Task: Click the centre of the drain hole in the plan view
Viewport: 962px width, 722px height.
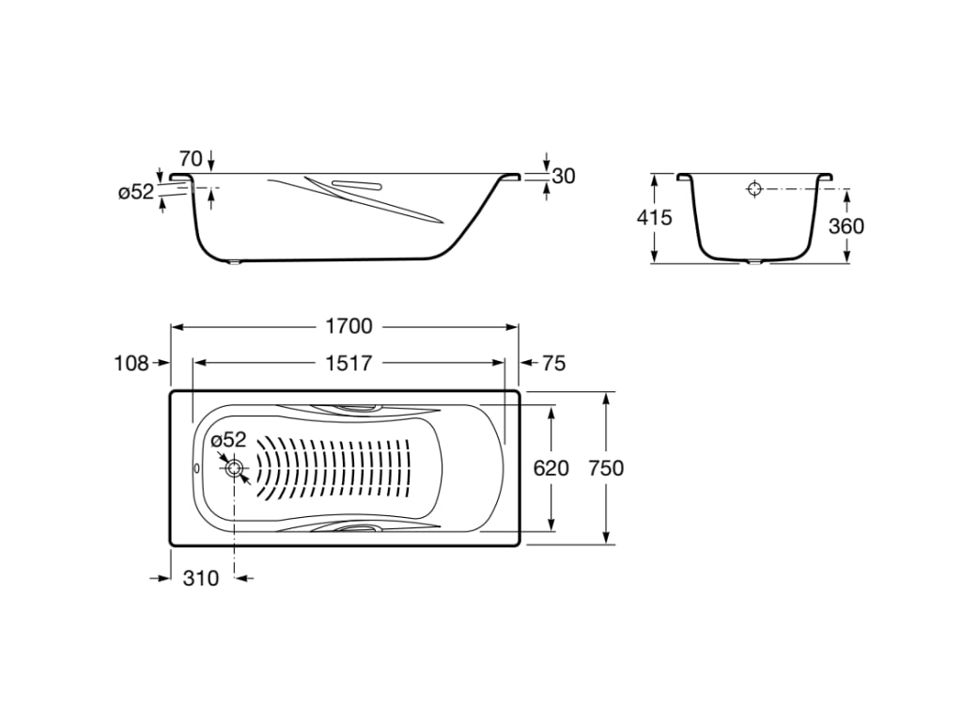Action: coord(234,468)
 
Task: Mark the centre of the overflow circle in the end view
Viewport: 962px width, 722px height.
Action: coord(754,188)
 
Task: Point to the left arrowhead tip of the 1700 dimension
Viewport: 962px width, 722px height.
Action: coord(171,327)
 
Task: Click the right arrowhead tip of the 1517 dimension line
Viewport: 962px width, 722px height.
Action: coord(504,363)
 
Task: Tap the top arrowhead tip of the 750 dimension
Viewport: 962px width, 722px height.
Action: coord(606,392)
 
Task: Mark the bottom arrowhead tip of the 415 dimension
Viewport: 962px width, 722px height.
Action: coord(655,263)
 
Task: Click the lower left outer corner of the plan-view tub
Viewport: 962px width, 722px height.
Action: coord(170,544)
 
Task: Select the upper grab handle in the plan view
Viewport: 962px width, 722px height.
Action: coord(355,408)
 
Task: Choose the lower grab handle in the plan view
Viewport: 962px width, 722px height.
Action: coord(355,527)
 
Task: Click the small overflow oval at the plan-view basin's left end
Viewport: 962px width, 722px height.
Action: coord(196,468)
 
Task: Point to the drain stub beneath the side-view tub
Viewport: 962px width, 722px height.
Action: coord(233,264)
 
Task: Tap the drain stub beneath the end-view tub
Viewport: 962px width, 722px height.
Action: coord(754,263)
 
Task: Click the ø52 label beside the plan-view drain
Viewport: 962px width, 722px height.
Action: coord(228,440)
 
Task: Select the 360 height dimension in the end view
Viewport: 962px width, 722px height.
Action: coord(846,226)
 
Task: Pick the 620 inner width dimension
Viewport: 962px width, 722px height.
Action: coord(551,468)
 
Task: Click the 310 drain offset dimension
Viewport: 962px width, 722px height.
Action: coord(201,578)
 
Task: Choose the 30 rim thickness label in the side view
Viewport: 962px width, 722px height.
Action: coord(564,176)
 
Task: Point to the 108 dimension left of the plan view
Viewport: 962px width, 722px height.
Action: coord(132,364)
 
